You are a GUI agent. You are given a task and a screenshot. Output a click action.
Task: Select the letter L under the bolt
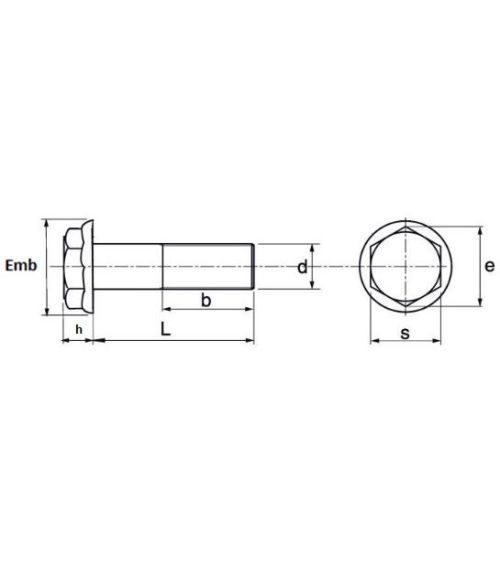[x=165, y=328]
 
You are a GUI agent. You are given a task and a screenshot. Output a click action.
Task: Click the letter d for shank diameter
[x=301, y=267]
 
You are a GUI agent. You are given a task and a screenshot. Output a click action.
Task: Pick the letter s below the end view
[x=405, y=332]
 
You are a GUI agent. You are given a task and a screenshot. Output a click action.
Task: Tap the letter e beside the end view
[x=489, y=267]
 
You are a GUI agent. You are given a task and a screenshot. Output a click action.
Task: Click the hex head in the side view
[x=74, y=267]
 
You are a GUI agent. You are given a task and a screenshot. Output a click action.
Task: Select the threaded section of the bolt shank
[x=205, y=267]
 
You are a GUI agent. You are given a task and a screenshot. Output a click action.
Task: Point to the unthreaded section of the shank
[x=129, y=267]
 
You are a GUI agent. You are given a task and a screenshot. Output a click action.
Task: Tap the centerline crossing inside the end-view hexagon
[x=405, y=267]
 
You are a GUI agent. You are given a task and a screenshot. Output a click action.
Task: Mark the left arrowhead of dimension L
[x=98, y=342]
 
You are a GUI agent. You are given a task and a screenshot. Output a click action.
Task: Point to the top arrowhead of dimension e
[x=475, y=227]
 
